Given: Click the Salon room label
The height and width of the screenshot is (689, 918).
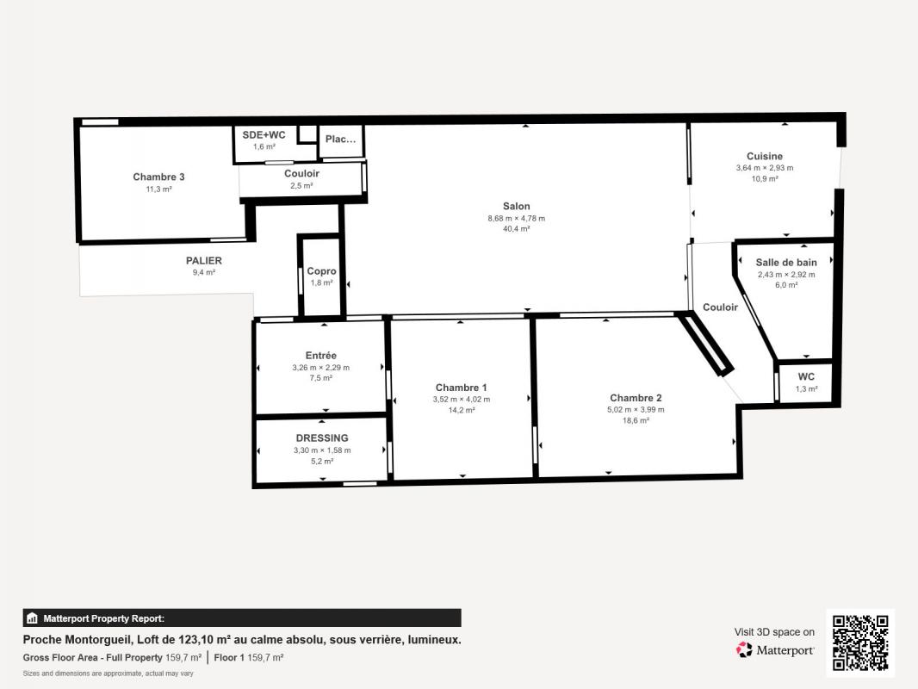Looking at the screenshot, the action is pyautogui.click(x=517, y=206).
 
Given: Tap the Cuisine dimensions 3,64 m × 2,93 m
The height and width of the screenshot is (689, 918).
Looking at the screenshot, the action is pyautogui.click(x=765, y=168).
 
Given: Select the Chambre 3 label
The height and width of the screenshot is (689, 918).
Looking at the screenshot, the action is pyautogui.click(x=158, y=177).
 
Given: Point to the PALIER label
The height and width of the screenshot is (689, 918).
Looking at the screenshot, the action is pyautogui.click(x=204, y=260).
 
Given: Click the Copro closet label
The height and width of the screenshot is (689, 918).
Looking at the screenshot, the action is pyautogui.click(x=321, y=271).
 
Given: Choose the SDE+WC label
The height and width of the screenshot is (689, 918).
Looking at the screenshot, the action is pyautogui.click(x=264, y=134).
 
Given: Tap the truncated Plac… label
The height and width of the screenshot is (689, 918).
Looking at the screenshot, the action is pyautogui.click(x=341, y=140).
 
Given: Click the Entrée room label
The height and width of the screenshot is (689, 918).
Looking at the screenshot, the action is pyautogui.click(x=321, y=356).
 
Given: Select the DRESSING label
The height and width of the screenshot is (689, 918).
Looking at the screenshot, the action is pyautogui.click(x=322, y=438).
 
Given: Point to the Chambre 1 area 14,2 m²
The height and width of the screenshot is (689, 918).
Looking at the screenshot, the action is pyautogui.click(x=462, y=410).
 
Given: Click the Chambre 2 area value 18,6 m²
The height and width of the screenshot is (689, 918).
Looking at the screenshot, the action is pyautogui.click(x=636, y=421).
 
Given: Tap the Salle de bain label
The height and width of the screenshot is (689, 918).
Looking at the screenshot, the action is pyautogui.click(x=786, y=263).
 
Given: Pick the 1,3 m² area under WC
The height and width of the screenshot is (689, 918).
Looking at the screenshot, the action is pyautogui.click(x=806, y=389).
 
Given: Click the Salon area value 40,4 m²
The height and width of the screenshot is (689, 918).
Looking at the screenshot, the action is pyautogui.click(x=517, y=229).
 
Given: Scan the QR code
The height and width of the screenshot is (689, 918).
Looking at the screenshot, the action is pyautogui.click(x=860, y=642).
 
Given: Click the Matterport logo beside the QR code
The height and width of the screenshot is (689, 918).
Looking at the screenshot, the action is pyautogui.click(x=774, y=649).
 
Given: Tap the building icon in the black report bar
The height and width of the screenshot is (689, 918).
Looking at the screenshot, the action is pyautogui.click(x=32, y=618).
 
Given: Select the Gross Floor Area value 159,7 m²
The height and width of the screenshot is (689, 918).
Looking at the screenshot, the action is pyautogui.click(x=183, y=657).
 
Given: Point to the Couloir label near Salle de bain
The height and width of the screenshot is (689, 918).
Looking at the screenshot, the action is pyautogui.click(x=720, y=307).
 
